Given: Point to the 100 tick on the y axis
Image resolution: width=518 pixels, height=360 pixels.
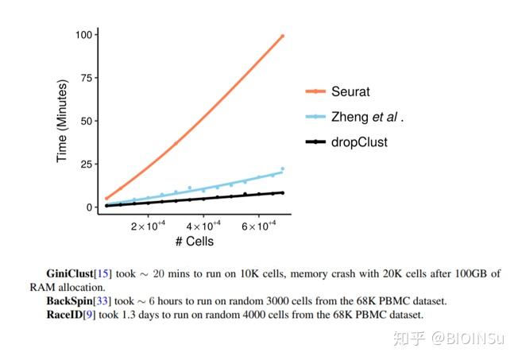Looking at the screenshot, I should [x=83, y=35].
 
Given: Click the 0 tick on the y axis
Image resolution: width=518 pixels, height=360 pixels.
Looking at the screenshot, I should [x=88, y=207].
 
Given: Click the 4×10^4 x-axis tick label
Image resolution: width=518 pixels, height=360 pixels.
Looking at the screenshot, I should [x=203, y=226].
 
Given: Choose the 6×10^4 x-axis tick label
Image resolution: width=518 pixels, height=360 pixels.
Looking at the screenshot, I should [x=258, y=226].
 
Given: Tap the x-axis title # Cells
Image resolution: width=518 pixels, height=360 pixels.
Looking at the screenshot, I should [x=194, y=241].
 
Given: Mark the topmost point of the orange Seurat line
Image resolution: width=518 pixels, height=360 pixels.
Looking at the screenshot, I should [x=282, y=36].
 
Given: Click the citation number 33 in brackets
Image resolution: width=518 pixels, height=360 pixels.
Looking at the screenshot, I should [x=102, y=301].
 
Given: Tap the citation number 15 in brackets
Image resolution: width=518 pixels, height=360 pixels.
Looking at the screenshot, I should [x=102, y=274].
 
